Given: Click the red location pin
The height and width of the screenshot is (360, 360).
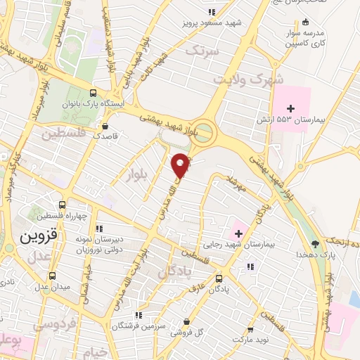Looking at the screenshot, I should tap(181, 165).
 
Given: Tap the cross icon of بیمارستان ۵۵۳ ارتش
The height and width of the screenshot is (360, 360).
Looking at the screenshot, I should tap(290, 108).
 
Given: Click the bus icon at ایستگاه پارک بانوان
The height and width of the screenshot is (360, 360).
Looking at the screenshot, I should tap(94, 93).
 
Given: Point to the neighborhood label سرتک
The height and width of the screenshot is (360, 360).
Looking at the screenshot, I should tap(201, 51).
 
